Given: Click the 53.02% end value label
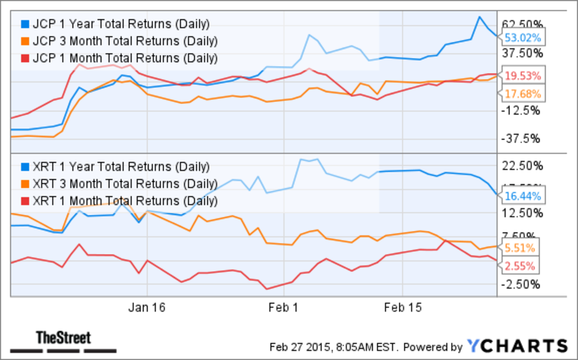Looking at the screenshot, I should click(523, 37).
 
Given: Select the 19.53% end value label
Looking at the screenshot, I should click(523, 76).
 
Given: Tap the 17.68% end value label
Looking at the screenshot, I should click(523, 93).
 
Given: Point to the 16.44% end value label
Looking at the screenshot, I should click(523, 196).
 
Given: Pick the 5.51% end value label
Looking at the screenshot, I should click(523, 248).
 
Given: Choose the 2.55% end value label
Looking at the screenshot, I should click(523, 265).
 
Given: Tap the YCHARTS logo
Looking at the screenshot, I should click(517, 346).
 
